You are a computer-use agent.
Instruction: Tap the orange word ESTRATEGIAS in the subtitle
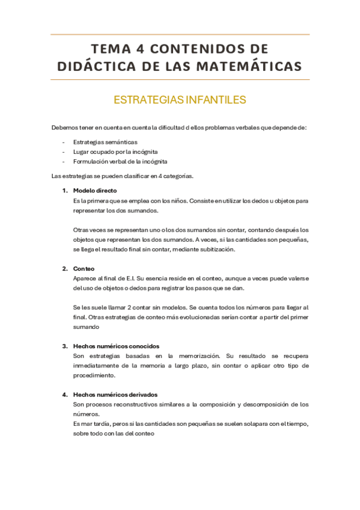142,100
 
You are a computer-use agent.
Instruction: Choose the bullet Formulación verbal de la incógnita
120,161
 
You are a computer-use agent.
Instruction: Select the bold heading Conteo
84,268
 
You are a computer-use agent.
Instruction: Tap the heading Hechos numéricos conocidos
116,346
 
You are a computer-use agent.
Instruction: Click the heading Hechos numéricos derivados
115,395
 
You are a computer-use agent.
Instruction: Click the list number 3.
64,346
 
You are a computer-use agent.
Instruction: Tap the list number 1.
64,190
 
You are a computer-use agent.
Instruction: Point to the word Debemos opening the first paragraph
63,127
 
